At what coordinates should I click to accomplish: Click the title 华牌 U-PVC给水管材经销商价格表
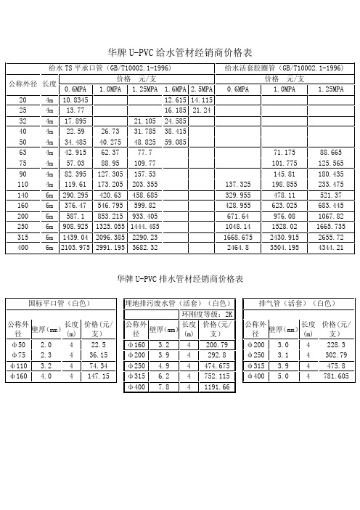coord(179,53)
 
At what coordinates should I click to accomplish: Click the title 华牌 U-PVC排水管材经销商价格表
coord(179,278)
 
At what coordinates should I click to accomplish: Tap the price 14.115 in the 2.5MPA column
coord(202,100)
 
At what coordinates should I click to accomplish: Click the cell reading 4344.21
coord(330,248)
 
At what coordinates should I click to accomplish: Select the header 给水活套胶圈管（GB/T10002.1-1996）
coord(284,68)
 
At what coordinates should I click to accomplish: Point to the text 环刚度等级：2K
coord(208,314)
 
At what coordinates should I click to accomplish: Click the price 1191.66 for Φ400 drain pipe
coord(217,388)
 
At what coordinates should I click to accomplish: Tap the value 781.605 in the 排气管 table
coord(335,376)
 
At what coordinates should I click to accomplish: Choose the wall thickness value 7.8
coord(163,388)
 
